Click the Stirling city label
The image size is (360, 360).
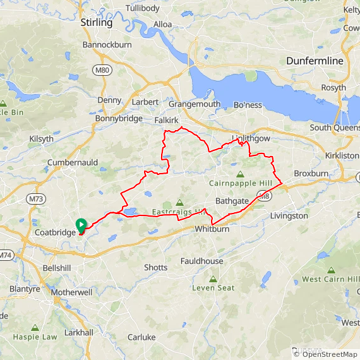(96, 23)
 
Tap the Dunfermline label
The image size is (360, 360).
(315, 61)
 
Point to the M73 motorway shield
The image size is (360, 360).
(36, 199)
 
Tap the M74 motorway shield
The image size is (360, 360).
(5, 255)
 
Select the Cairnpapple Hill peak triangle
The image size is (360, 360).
(239, 174)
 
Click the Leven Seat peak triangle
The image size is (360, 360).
(213, 278)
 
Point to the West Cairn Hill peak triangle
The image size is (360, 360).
(332, 270)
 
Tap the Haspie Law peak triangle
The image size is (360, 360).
(34, 328)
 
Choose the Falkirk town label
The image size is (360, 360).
(167, 119)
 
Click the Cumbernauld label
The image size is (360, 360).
(73, 162)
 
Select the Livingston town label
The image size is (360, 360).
(289, 215)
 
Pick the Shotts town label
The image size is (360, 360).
(155, 267)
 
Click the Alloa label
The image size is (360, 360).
(163, 25)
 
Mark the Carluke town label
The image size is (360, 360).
(141, 337)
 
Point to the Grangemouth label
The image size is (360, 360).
(194, 104)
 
